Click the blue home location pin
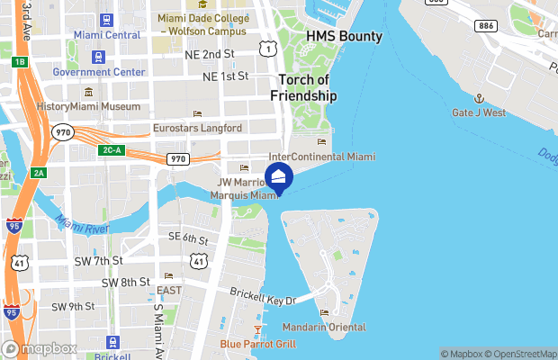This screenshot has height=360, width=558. [x=279, y=177]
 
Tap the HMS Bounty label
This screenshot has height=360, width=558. [x=344, y=37]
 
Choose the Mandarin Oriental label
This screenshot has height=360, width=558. [x=324, y=326]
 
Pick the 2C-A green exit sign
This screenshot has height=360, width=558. [x=112, y=149]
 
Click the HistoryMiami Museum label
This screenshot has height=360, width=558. [x=88, y=106]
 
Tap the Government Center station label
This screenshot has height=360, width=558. [x=99, y=72]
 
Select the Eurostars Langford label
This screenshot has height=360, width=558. [x=197, y=128]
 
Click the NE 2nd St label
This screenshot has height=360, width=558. [x=209, y=54]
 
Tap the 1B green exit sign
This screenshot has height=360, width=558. [x=21, y=62]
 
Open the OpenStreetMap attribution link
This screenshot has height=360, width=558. [x=521, y=354]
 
